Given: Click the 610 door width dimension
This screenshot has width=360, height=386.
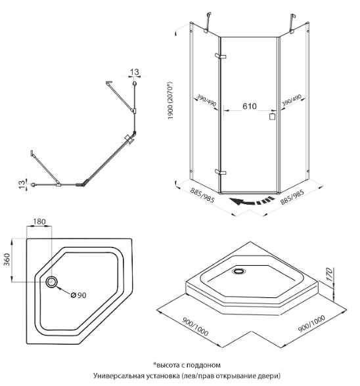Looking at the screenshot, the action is (250, 106).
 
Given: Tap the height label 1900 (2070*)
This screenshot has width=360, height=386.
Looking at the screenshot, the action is (170, 100).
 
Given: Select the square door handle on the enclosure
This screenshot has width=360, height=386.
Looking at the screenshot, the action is (272, 117).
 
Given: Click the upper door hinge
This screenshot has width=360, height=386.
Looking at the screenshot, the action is (220, 56).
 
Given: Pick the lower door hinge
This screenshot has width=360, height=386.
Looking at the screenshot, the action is (220, 172).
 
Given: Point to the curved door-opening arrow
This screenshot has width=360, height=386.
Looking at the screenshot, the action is (252, 201).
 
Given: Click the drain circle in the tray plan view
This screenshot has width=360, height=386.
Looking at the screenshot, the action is (51, 282).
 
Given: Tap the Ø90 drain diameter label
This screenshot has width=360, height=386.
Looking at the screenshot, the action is (78, 295).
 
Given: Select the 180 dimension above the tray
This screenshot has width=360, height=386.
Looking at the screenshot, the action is (39, 222).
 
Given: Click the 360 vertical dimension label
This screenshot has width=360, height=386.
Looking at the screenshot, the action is (7, 259).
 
